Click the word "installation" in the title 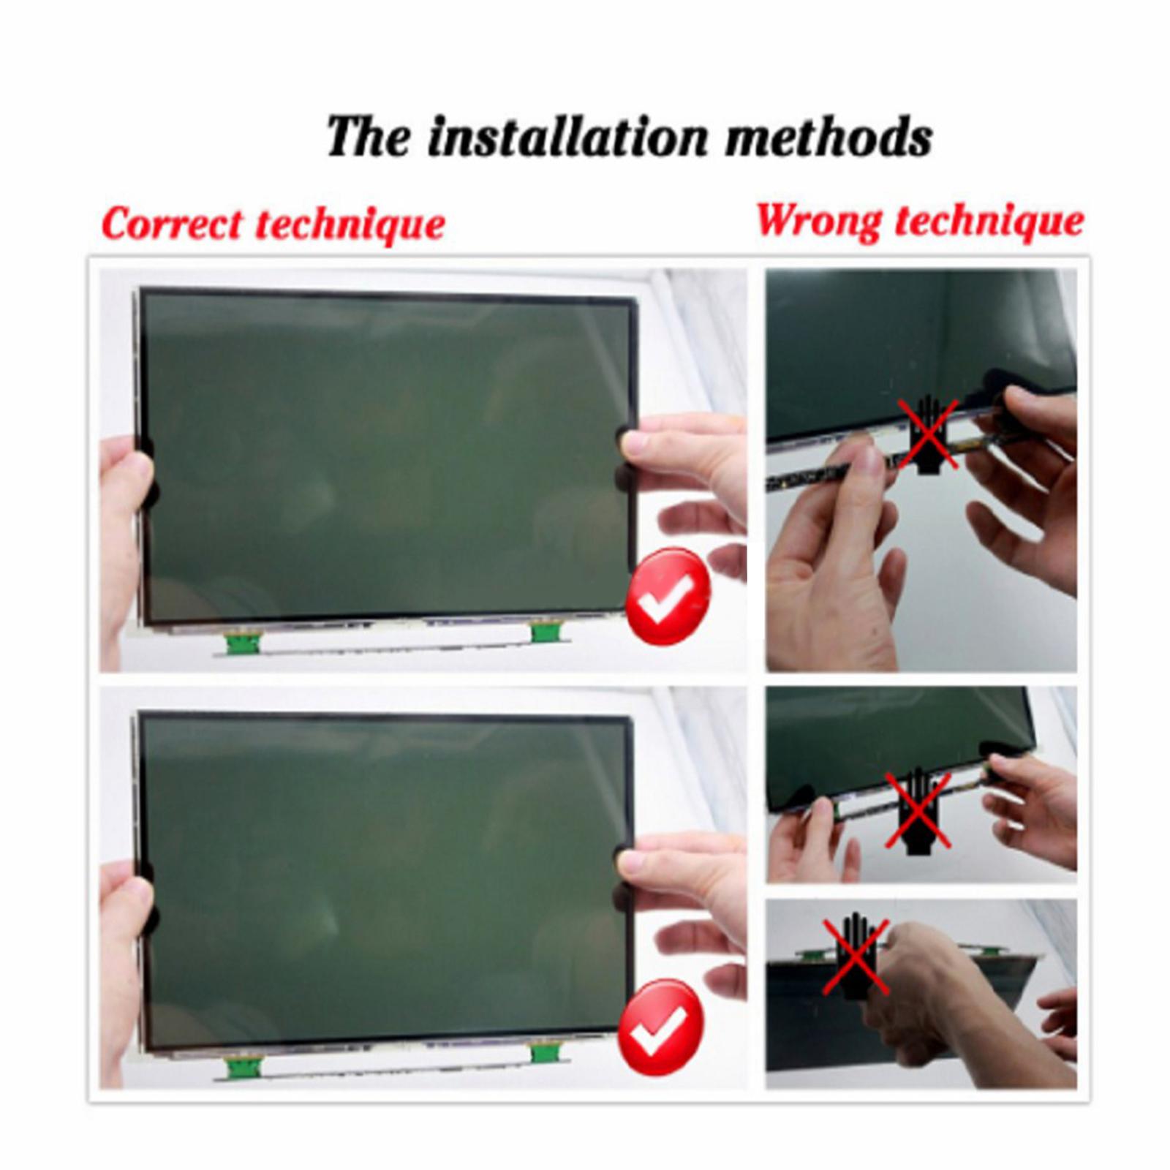pyautogui.click(x=567, y=137)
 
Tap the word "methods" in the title pyautogui.click(x=829, y=137)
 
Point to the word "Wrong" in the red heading pyautogui.click(x=818, y=219)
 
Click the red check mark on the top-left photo pyautogui.click(x=668, y=596)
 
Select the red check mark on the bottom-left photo pyautogui.click(x=661, y=1027)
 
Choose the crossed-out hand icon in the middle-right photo pyautogui.click(x=918, y=811)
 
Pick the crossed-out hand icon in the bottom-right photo pyautogui.click(x=856, y=956)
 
